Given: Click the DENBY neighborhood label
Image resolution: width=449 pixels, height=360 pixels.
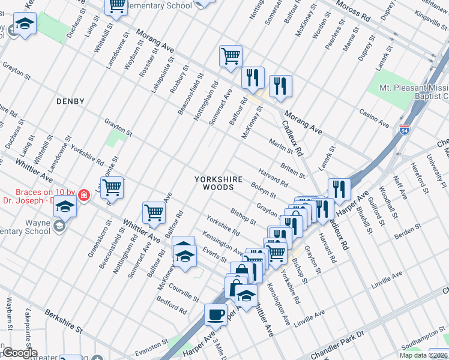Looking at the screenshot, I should (x=70, y=101).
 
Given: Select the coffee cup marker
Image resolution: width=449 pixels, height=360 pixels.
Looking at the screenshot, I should (x=215, y=314).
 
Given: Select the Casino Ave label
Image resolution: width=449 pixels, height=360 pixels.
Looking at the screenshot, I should (x=373, y=118).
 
